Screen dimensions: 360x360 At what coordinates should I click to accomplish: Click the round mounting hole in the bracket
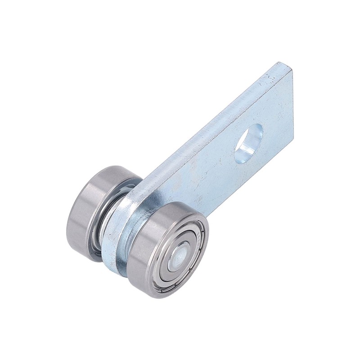point(248,143)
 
